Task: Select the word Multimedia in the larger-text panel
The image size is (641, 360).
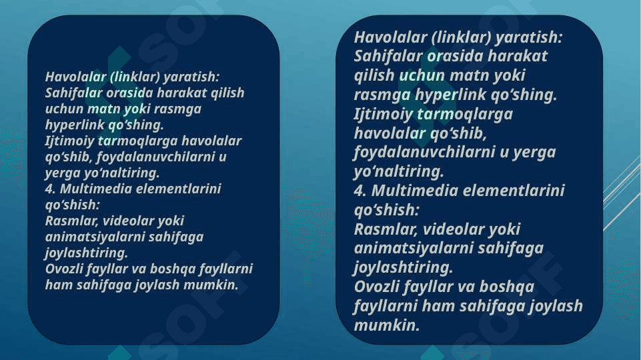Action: coord(414,191)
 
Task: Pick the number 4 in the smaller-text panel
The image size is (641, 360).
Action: coord(50,189)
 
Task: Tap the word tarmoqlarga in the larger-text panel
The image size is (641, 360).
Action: coord(464,114)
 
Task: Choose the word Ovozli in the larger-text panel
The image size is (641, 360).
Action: coord(376,287)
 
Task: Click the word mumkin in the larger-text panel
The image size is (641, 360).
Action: coord(386,325)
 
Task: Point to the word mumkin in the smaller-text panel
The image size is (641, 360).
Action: coord(211,285)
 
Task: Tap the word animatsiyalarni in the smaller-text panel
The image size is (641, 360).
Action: coord(95,237)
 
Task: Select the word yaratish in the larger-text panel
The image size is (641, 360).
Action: coord(528,37)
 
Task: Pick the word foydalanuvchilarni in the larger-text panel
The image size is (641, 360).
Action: coord(424,153)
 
